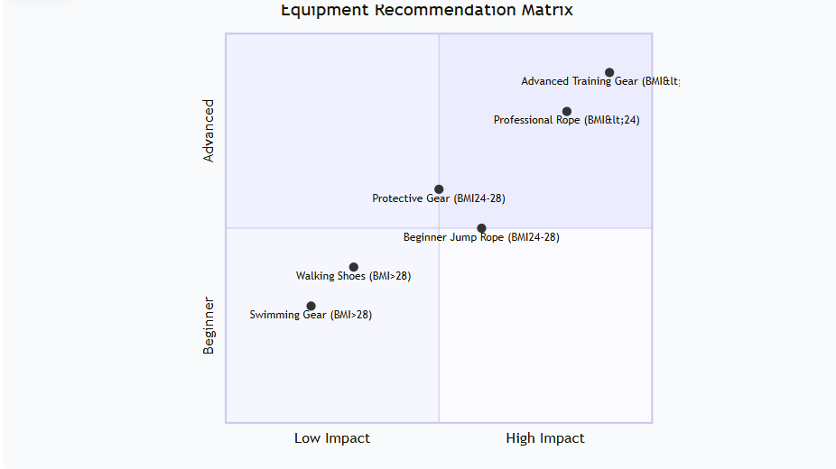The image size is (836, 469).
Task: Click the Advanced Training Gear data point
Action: click(x=609, y=72)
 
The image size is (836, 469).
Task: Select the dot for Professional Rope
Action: click(x=567, y=112)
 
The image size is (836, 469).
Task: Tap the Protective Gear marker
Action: click(x=439, y=189)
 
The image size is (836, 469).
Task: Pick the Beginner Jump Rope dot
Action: click(x=481, y=228)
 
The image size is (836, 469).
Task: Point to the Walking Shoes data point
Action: click(x=354, y=267)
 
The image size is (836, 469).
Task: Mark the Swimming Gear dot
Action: click(x=311, y=306)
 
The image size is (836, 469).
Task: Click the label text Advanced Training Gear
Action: click(x=599, y=82)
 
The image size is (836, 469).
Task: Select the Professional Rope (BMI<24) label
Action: click(x=566, y=121)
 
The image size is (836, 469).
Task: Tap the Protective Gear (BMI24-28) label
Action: click(x=432, y=199)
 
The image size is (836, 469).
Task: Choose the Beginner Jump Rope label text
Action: click(x=481, y=238)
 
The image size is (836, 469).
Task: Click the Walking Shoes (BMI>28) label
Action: click(x=353, y=277)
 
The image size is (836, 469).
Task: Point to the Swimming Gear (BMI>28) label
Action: click(x=311, y=316)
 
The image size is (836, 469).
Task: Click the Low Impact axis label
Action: click(x=332, y=438)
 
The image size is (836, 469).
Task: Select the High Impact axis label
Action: click(x=545, y=438)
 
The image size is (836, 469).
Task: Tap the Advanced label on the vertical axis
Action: click(x=209, y=131)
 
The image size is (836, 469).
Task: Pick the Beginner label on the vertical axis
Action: click(x=209, y=325)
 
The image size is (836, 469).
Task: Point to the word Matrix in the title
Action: click(x=546, y=11)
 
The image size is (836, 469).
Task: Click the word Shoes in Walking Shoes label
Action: click(x=350, y=277)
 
